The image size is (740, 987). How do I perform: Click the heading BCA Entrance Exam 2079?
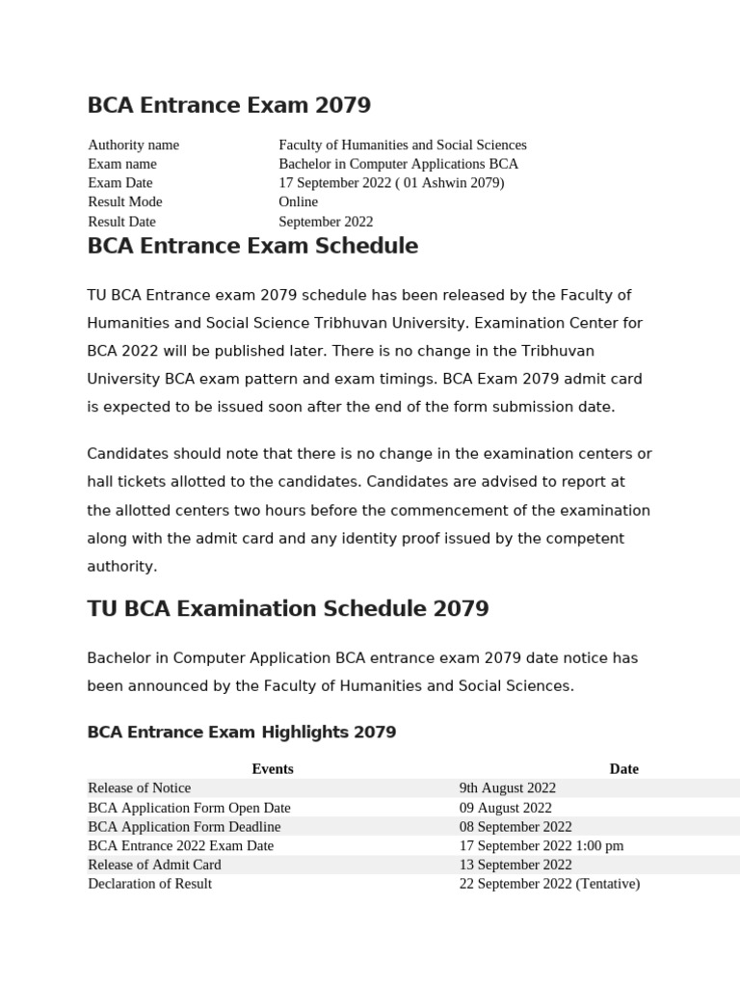coord(228,105)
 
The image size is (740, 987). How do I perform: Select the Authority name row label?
coord(133,145)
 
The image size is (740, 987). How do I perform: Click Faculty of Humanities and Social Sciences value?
coord(402,145)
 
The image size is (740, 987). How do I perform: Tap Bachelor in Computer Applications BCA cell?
coord(398,164)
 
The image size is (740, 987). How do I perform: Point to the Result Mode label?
coord(125,201)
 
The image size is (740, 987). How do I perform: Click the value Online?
coord(298,201)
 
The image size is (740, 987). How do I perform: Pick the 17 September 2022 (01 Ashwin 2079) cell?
coord(391,182)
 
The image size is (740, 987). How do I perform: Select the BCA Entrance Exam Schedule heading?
coord(252,246)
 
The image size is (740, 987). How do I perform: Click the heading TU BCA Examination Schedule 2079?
coord(288,609)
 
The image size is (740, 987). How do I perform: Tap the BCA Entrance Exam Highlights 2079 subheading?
coord(242,733)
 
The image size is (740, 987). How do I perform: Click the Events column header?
coord(273,769)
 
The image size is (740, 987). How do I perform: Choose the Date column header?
coord(623,769)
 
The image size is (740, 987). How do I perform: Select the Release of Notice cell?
coord(140,788)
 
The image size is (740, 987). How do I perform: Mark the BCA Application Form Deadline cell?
coord(184,827)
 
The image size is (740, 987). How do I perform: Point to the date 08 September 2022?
coord(515,827)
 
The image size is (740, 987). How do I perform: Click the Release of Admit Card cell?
coord(154,865)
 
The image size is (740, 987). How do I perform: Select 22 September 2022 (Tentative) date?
coord(549,884)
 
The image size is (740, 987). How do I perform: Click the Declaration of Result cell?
coord(149,884)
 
